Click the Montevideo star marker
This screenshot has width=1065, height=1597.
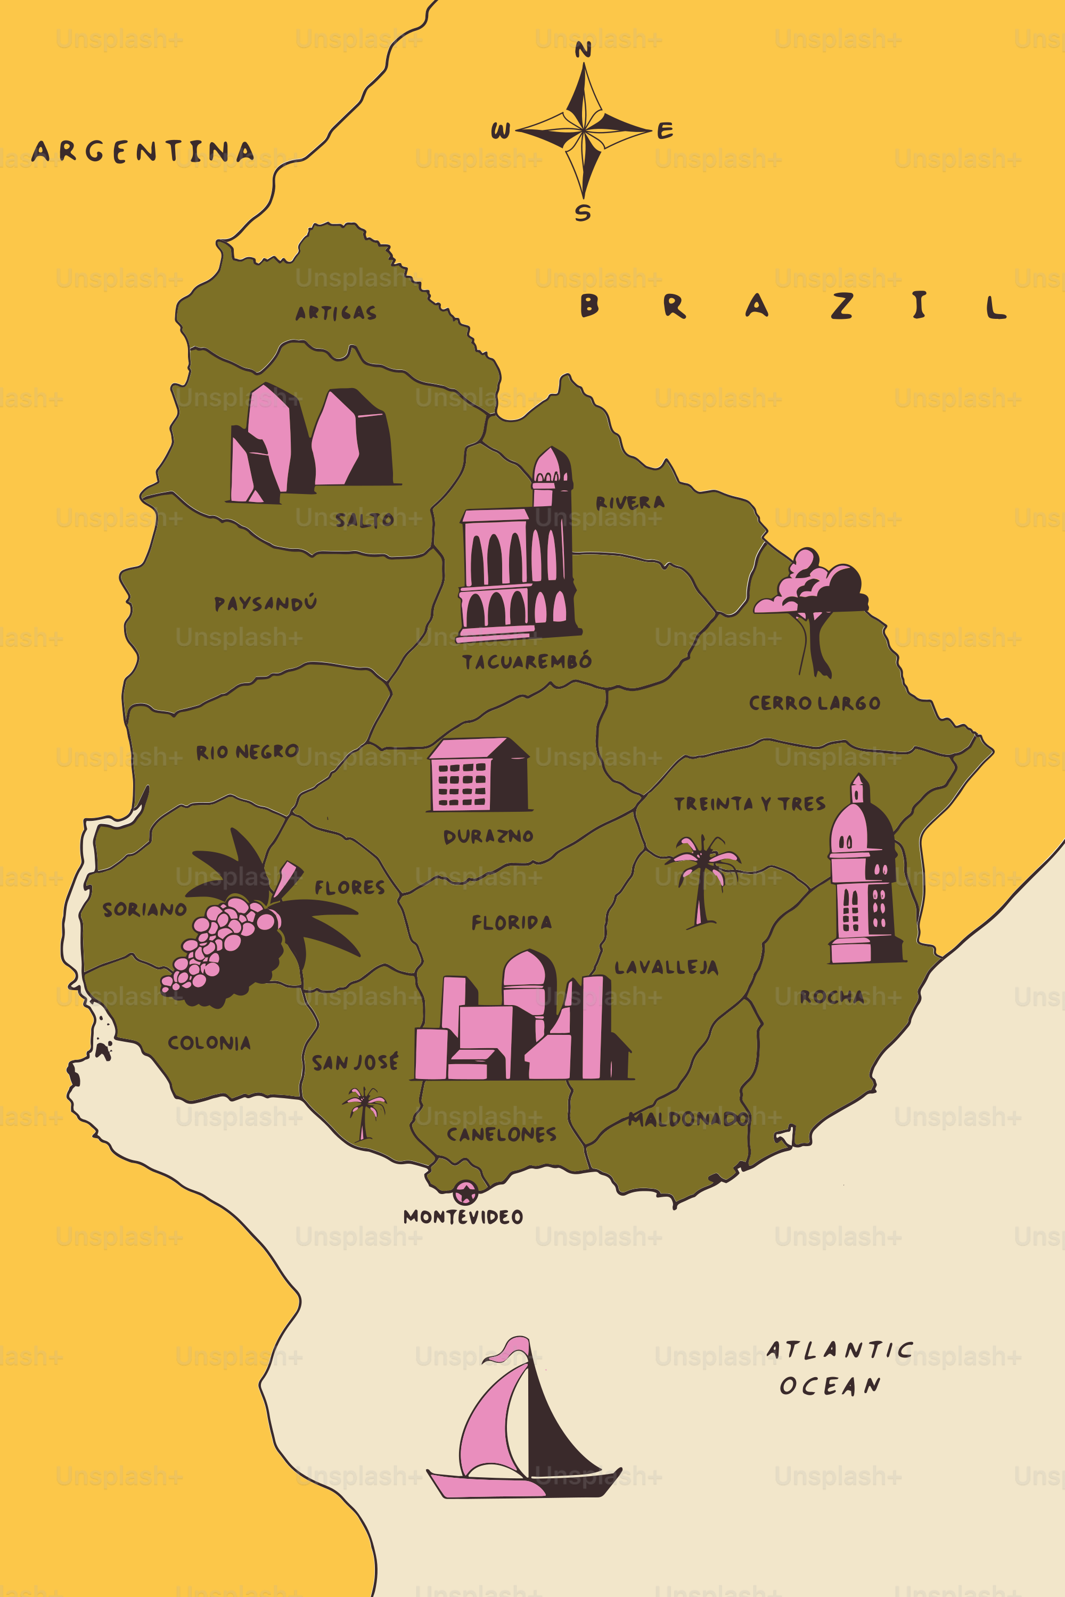coord(465,1192)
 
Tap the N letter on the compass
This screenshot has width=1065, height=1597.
coord(583,50)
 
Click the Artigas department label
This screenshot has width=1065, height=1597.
coord(335,312)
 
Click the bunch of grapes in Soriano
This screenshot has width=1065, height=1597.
coord(224,951)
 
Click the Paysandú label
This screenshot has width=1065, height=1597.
coord(265,603)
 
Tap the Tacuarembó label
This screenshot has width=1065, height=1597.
coord(527,661)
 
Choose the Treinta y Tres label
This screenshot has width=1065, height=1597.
coord(749,804)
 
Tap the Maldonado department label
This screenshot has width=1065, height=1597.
coord(688,1118)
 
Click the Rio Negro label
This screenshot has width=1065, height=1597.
coord(247,752)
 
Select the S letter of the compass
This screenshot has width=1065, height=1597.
coord(583,212)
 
